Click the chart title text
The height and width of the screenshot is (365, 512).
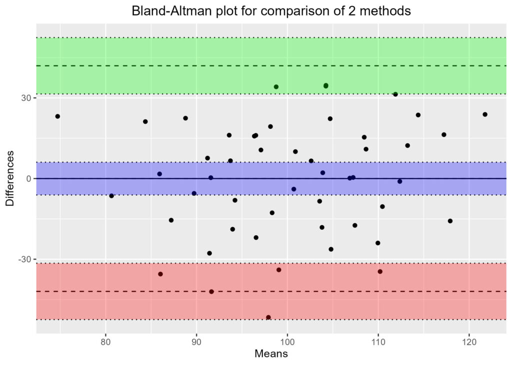coord(271,11)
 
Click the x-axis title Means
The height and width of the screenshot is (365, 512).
coord(271,354)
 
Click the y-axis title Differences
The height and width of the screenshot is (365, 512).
coord(9,178)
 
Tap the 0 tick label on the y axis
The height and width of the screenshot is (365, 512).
coord(29,179)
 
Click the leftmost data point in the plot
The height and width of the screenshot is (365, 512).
coord(57,116)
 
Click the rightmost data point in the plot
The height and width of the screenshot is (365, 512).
coord(484,114)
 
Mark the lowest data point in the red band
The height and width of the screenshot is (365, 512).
coord(268,317)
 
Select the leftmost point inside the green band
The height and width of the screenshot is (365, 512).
coord(276,87)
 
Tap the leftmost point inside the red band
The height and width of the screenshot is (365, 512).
coord(160,274)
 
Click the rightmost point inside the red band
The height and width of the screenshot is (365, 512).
coord(380,272)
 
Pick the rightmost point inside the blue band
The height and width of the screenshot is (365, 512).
coord(399,181)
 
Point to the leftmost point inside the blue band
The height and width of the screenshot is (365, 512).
coord(159,174)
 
